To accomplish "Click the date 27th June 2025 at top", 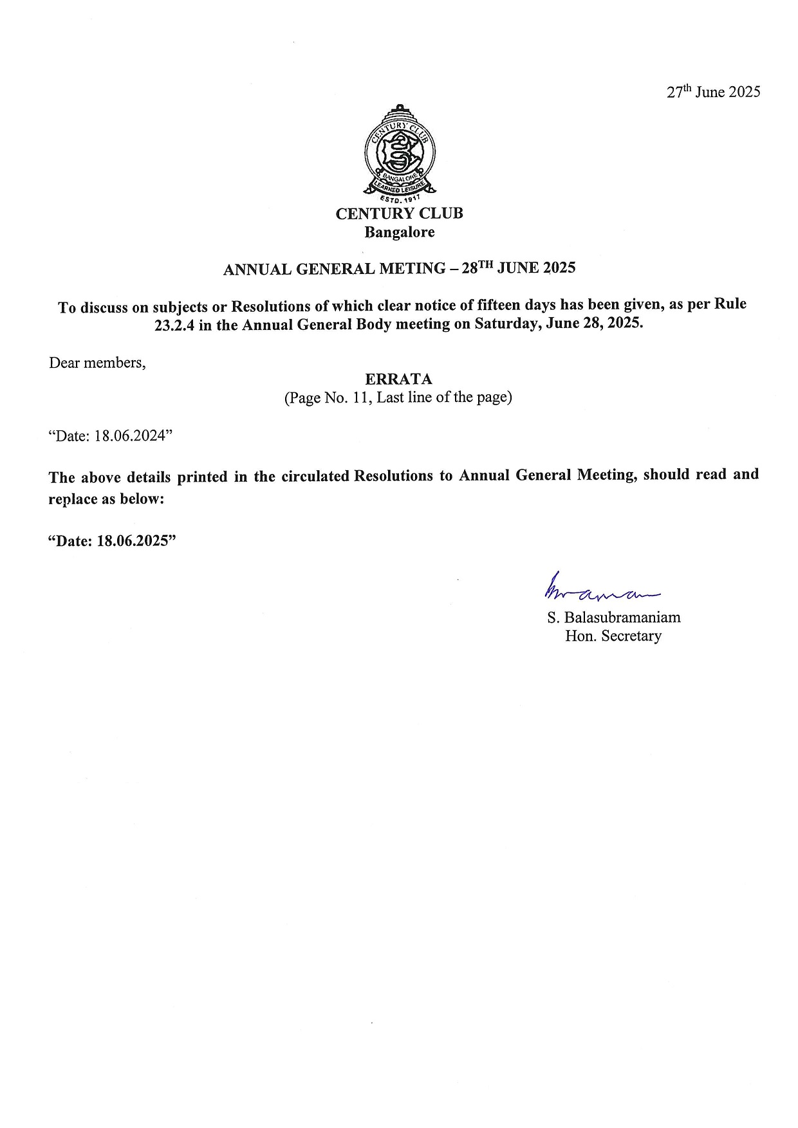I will click(x=713, y=92).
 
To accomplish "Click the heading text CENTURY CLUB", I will click(x=399, y=214).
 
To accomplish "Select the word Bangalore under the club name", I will click(x=399, y=232).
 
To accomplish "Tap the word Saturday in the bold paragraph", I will click(x=503, y=323).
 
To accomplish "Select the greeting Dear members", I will click(x=97, y=363).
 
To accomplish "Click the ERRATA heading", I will click(x=398, y=379).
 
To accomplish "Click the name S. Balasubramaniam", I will click(x=613, y=618).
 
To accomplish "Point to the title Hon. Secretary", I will click(x=613, y=636).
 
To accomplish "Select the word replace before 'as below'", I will click(x=73, y=499).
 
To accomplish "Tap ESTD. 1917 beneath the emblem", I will click(x=400, y=200).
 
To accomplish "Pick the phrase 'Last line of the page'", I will click(x=443, y=397).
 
